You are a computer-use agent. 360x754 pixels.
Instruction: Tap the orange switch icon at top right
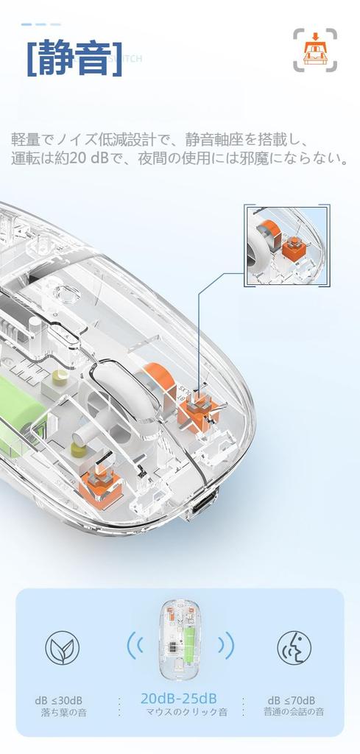click(315, 50)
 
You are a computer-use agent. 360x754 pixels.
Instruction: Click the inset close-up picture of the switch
click(286, 246)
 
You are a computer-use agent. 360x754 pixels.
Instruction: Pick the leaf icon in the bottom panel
click(63, 648)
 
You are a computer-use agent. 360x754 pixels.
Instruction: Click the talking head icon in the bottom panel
click(294, 648)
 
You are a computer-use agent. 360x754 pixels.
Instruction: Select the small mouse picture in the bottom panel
click(180, 640)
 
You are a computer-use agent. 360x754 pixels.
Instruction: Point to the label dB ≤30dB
click(58, 700)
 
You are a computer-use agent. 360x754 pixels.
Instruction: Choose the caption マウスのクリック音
click(186, 712)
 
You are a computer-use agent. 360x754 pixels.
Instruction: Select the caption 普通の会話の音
click(294, 712)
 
